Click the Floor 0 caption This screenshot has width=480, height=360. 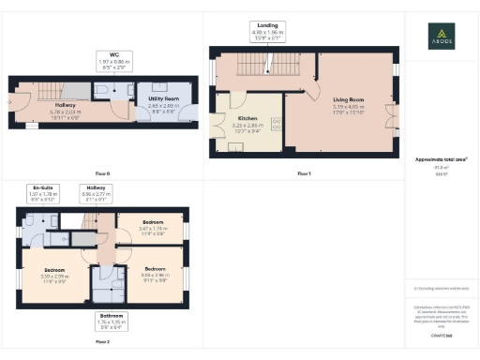[x=103, y=173]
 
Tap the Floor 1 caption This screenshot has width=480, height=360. [x=303, y=173]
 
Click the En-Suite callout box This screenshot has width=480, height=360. [x=42, y=195]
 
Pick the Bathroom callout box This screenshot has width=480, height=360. [x=112, y=322]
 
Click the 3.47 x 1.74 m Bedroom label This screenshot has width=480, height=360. [x=143, y=226]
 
